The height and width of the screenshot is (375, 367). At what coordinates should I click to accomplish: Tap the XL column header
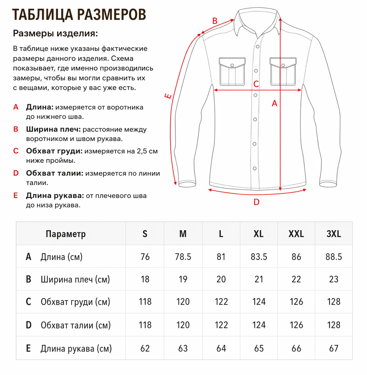click(x=258, y=234)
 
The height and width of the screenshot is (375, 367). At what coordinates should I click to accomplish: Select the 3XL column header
click(x=334, y=234)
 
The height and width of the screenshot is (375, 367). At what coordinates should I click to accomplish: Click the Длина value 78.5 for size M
click(x=183, y=257)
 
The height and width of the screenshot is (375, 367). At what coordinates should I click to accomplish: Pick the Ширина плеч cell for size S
click(x=145, y=279)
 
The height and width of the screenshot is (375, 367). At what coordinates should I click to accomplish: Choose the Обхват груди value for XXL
click(x=296, y=302)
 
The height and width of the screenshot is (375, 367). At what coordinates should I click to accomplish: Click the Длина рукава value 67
click(x=334, y=348)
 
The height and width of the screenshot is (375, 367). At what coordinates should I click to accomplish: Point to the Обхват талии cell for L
click(x=221, y=325)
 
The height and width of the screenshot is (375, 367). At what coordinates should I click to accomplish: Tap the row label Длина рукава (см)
click(x=76, y=348)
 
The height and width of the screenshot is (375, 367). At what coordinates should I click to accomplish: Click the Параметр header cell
click(x=66, y=234)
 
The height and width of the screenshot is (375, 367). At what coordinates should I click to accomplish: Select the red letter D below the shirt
click(x=256, y=202)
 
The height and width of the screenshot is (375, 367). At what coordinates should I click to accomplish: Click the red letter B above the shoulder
click(x=215, y=21)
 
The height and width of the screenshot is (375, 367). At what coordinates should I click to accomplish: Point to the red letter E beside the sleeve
click(x=168, y=96)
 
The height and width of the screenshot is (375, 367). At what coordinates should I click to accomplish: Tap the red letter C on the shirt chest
click(x=256, y=84)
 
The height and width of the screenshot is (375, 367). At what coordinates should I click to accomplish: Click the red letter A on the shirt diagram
click(x=275, y=104)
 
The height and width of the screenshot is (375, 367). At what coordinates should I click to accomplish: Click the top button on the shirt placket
click(x=257, y=47)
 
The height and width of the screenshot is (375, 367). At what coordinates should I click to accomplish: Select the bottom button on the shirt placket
click(x=255, y=168)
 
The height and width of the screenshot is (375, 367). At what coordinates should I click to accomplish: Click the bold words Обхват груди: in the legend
click(x=54, y=151)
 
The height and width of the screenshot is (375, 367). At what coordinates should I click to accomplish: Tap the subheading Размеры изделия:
click(x=55, y=33)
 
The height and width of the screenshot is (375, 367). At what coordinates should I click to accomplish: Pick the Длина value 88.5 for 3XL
click(x=334, y=257)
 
